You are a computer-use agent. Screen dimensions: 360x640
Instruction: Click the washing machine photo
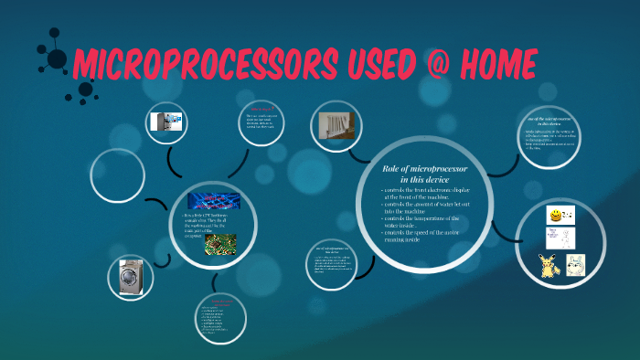[x=133, y=276]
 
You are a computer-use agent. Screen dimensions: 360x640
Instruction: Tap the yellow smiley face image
[x=554, y=215]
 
